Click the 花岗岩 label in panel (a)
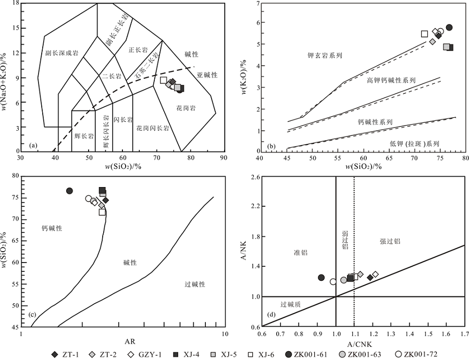(x=186, y=108)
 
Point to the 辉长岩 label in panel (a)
(x=83, y=136)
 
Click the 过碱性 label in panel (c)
(x=195, y=284)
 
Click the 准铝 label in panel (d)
(x=301, y=253)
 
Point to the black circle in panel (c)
(x=70, y=191)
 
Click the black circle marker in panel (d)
(x=322, y=278)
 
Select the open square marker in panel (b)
(x=424, y=34)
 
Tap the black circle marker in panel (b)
(x=449, y=27)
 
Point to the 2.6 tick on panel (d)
(x=253, y=178)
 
